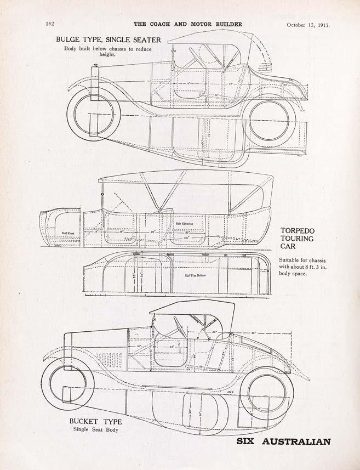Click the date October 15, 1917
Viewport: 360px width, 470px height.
(x=311, y=25)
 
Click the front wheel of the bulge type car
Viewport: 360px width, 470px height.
(x=93, y=115)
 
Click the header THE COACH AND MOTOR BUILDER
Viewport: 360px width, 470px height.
(x=188, y=24)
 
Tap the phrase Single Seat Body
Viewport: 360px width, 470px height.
(x=96, y=429)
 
